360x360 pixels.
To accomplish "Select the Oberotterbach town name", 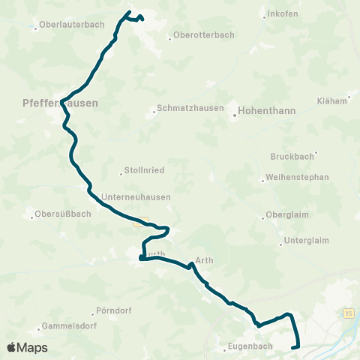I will pyautogui.click(x=202, y=34).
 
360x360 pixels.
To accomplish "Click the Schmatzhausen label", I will pyautogui.click(x=191, y=108).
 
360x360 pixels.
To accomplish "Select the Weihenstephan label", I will pyautogui.click(x=298, y=178).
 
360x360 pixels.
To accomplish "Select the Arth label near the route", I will pyautogui.click(x=205, y=260).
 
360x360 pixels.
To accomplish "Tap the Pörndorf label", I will pyautogui.click(x=115, y=310).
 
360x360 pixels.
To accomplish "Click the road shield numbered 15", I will pyautogui.click(x=349, y=311).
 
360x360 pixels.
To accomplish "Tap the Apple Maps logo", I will pyautogui.click(x=27, y=347).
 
